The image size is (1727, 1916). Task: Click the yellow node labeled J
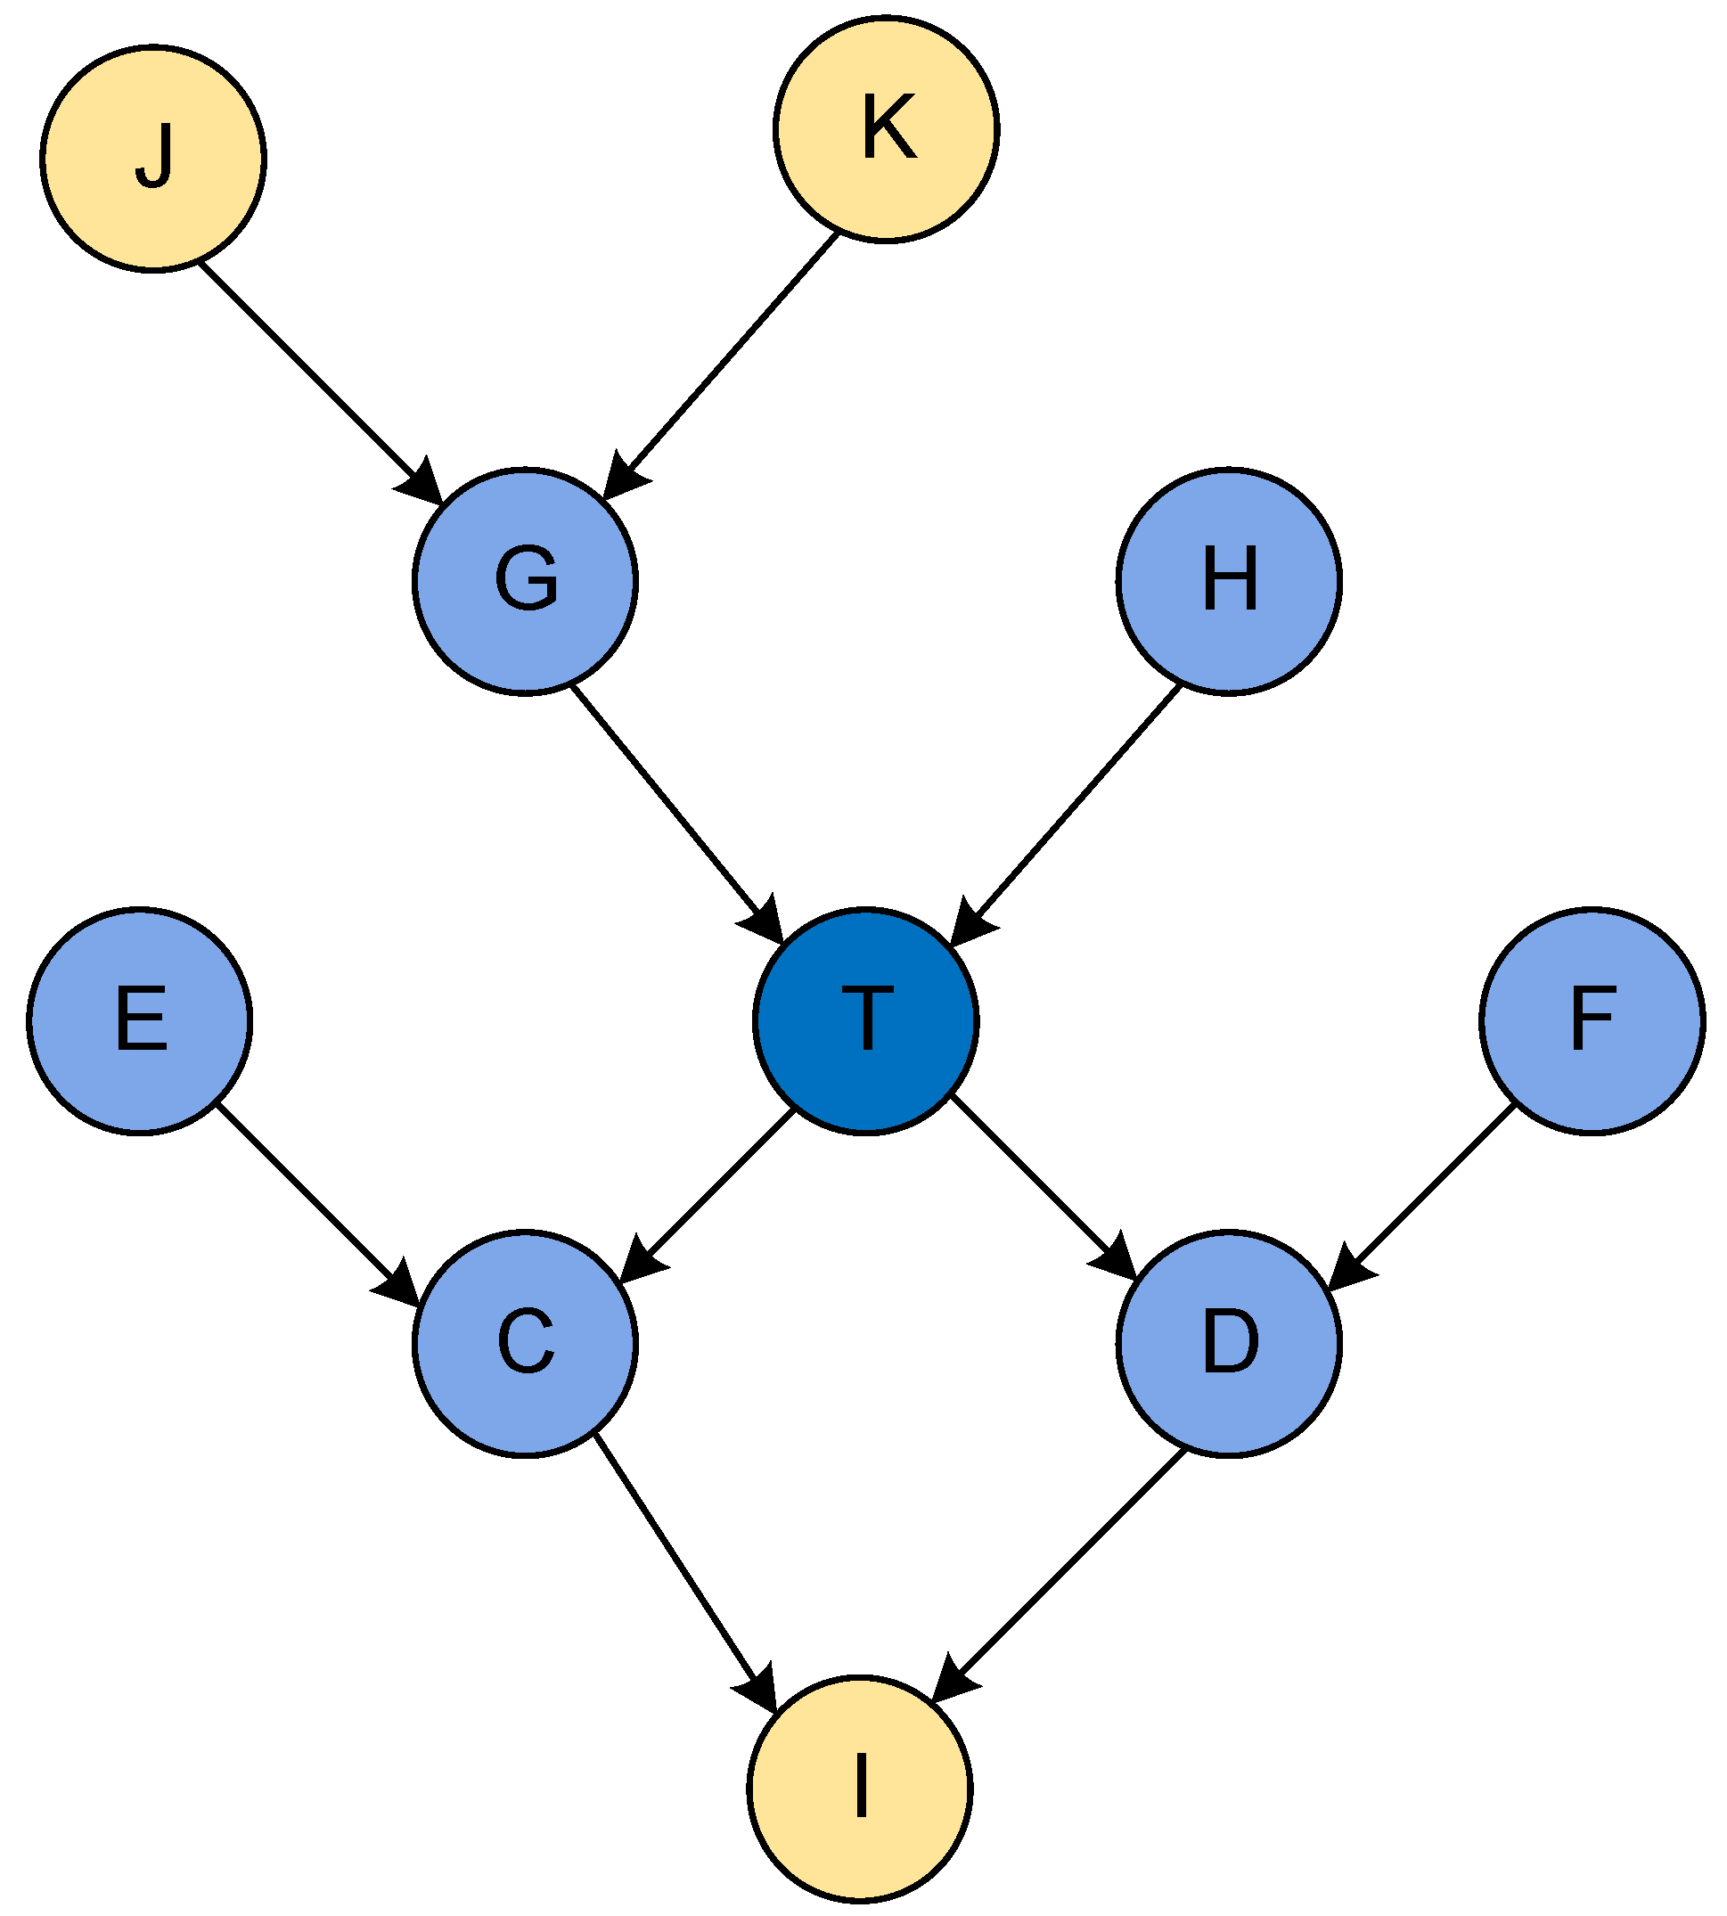click(x=152, y=159)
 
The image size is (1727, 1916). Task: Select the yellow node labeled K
click(x=887, y=129)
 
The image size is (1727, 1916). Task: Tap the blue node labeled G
click(x=526, y=581)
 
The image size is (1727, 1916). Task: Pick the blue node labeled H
click(x=1229, y=581)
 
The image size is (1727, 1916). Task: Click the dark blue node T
click(x=865, y=1021)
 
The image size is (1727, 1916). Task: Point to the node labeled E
click(x=140, y=1021)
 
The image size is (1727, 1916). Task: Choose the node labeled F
click(x=1592, y=1021)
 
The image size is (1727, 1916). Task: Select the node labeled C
click(x=526, y=1344)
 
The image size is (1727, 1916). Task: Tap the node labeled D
click(x=1229, y=1344)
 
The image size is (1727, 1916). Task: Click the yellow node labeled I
click(x=860, y=1789)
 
